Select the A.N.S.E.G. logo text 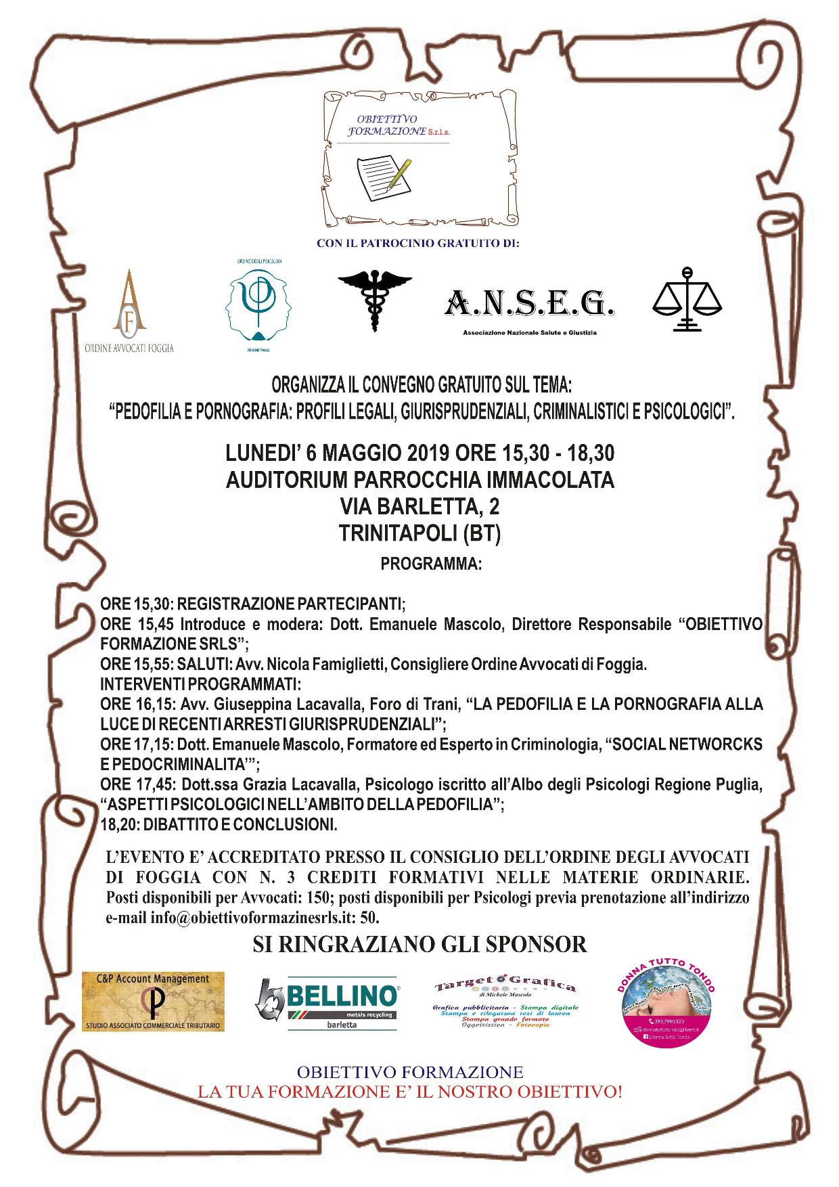click(x=529, y=305)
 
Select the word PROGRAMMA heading click(x=431, y=564)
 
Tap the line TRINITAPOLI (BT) click(x=419, y=535)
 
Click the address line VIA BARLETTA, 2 click(x=419, y=507)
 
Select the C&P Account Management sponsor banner click(x=152, y=1002)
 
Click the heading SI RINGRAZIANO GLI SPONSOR click(x=419, y=944)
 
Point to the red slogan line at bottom click(x=409, y=1092)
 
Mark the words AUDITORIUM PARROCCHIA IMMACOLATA click(x=419, y=480)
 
